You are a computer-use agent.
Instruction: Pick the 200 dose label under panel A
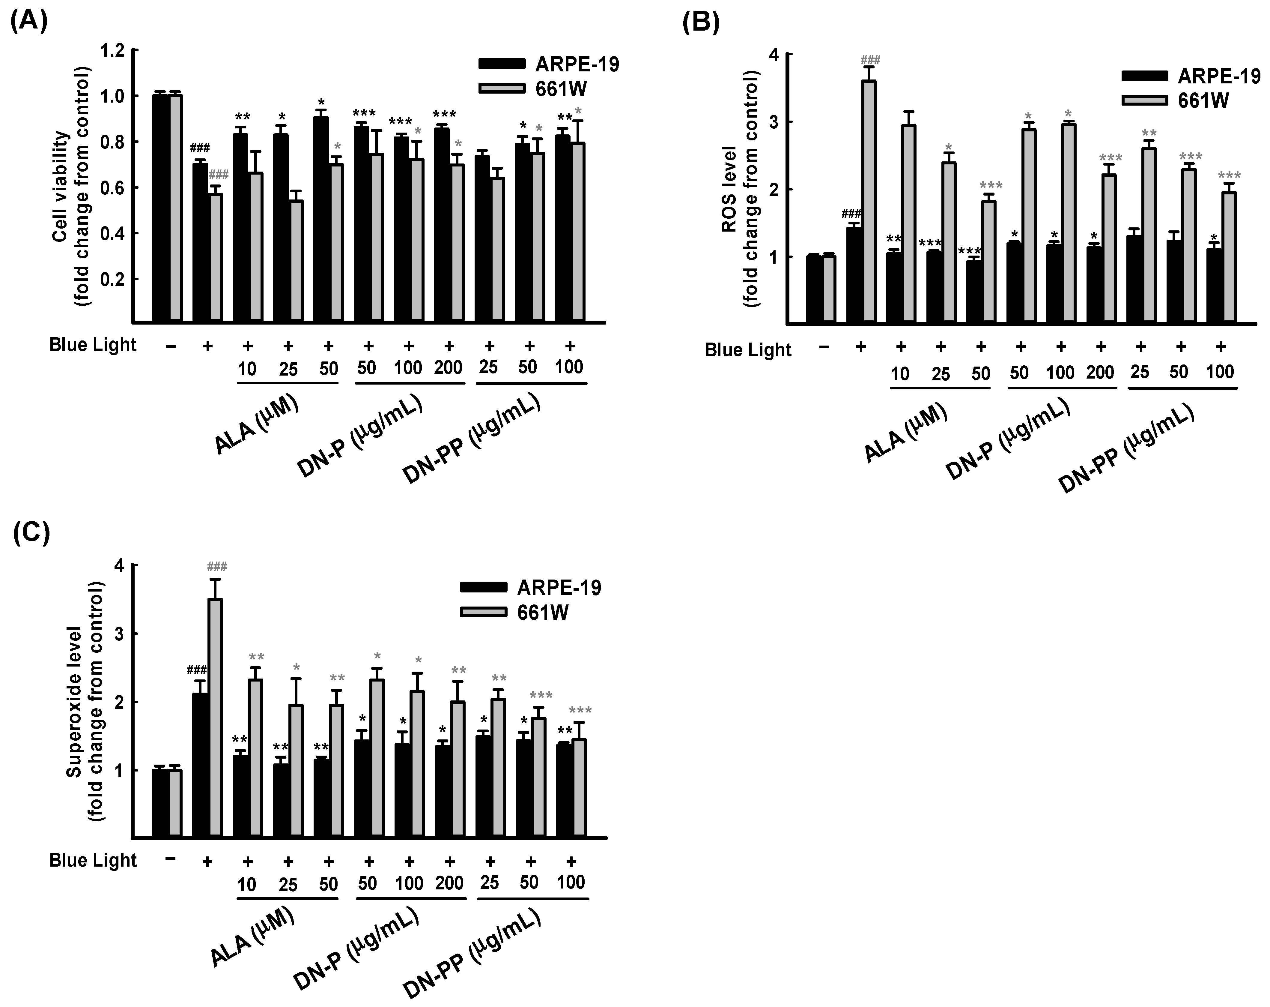click(448, 368)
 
